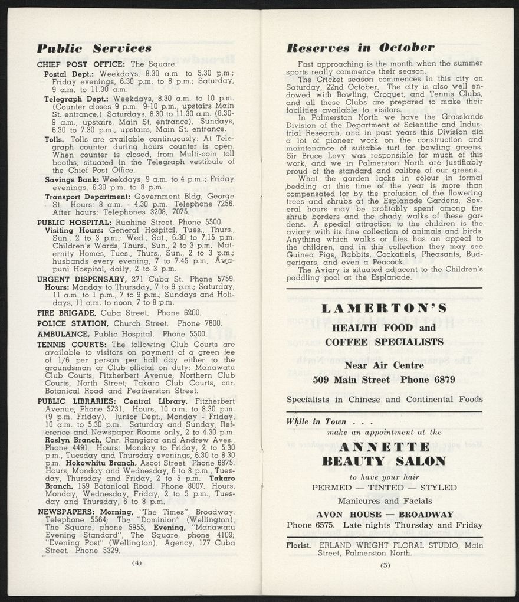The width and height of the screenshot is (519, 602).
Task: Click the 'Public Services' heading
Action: pyautogui.click(x=94, y=48)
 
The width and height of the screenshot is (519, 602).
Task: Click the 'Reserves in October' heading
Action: pyautogui.click(x=360, y=48)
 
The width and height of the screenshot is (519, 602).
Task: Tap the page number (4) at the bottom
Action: pyautogui.click(x=136, y=562)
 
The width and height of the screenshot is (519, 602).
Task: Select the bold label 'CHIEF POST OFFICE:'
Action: pyautogui.click(x=81, y=64)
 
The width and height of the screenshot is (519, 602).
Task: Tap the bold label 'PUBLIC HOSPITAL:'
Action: pyautogui.click(x=74, y=222)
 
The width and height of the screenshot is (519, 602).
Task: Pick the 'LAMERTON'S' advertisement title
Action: pyautogui.click(x=384, y=309)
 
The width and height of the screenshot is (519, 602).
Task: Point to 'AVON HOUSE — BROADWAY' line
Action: pyautogui.click(x=385, y=514)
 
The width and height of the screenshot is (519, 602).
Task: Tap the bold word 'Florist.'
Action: pyautogui.click(x=298, y=545)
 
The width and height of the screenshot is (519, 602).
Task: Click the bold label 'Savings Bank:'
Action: pyautogui.click(x=72, y=179)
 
